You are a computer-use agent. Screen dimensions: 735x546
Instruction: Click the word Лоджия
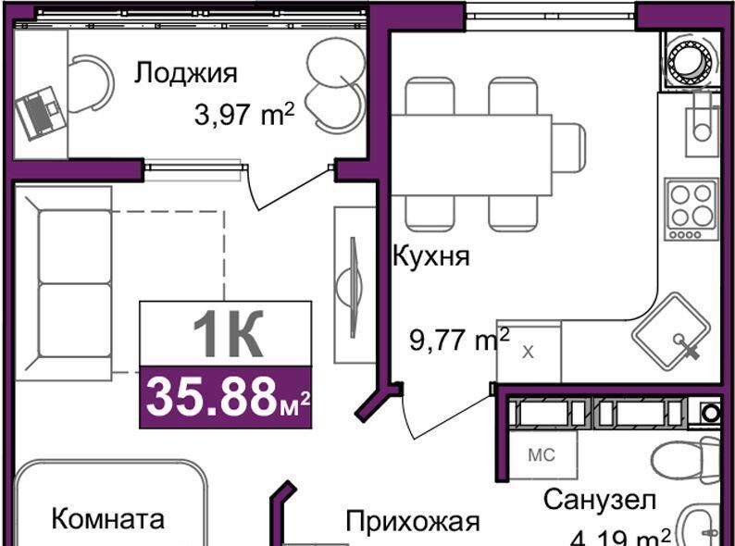[186, 74]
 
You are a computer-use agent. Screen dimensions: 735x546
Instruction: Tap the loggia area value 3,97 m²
[244, 115]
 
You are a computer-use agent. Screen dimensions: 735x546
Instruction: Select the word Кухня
[430, 256]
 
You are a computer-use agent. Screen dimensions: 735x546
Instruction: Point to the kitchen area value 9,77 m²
[459, 340]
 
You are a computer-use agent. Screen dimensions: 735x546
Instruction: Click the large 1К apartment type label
[228, 335]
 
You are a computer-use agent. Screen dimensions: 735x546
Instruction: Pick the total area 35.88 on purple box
[211, 397]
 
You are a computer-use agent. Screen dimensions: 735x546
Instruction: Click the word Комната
[107, 519]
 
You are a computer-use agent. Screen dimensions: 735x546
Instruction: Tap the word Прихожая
[413, 522]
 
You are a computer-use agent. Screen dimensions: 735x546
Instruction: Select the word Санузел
[600, 500]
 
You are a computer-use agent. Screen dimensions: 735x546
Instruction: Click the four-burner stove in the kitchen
[691, 209]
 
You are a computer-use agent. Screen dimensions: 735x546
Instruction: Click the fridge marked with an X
[529, 352]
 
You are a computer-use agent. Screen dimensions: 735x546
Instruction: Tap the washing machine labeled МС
[542, 454]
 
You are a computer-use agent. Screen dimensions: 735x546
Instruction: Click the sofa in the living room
[64, 283]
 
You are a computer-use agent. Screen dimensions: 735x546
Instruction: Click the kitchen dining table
[471, 155]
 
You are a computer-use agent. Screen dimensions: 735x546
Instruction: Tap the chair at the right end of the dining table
[568, 155]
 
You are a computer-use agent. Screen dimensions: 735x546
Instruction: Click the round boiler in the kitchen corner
[689, 61]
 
